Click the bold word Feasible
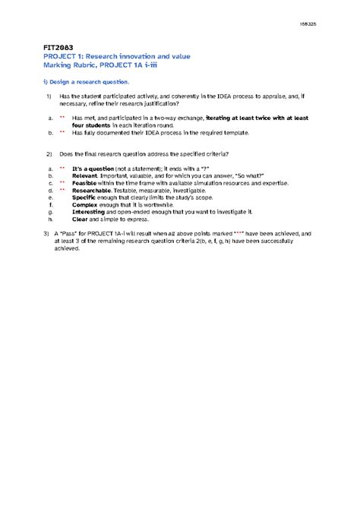tap(86, 182)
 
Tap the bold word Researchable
tap(93, 190)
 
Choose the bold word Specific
tap(85, 197)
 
